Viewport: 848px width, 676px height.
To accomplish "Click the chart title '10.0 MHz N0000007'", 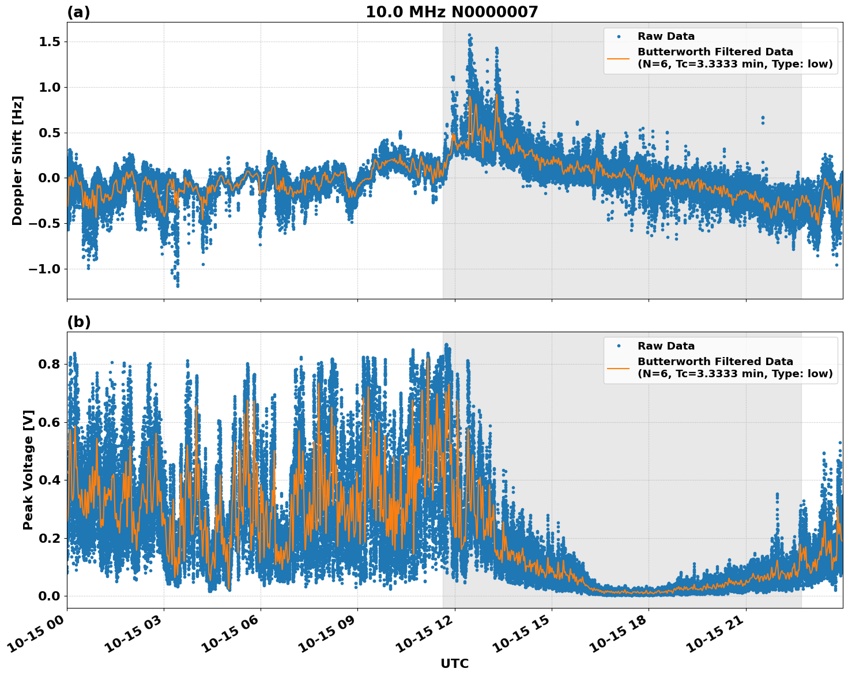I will point(451,12).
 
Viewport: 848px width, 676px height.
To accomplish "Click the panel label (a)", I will point(78,12).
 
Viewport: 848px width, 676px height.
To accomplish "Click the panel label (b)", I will point(78,322).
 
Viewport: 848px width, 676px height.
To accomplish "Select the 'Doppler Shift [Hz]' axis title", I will point(17,160).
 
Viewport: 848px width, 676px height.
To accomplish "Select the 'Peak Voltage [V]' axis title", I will point(28,470).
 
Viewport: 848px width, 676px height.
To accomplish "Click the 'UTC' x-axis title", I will point(454,663).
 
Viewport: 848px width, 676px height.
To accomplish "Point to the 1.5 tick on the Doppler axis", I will point(51,42).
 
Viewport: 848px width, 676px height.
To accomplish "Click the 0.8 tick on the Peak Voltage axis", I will point(51,364).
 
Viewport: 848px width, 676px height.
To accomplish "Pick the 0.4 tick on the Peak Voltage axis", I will point(51,480).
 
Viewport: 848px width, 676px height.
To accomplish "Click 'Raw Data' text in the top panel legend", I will point(666,36).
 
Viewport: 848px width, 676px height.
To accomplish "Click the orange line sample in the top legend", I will point(619,58).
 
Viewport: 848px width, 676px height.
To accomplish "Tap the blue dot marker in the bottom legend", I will point(619,346).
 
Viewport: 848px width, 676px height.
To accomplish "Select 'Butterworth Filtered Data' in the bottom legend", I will point(715,362).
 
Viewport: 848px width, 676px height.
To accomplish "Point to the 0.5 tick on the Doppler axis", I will point(51,133).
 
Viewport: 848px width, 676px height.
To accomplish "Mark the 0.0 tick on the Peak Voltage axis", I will point(51,596).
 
